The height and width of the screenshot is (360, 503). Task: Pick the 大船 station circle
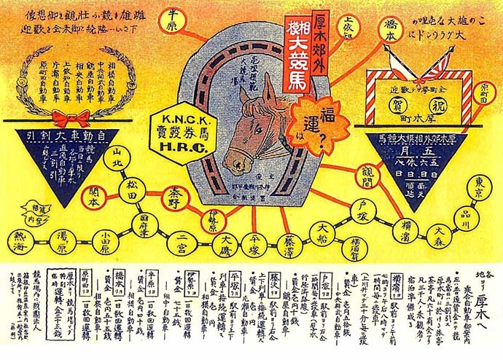point(321,231)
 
